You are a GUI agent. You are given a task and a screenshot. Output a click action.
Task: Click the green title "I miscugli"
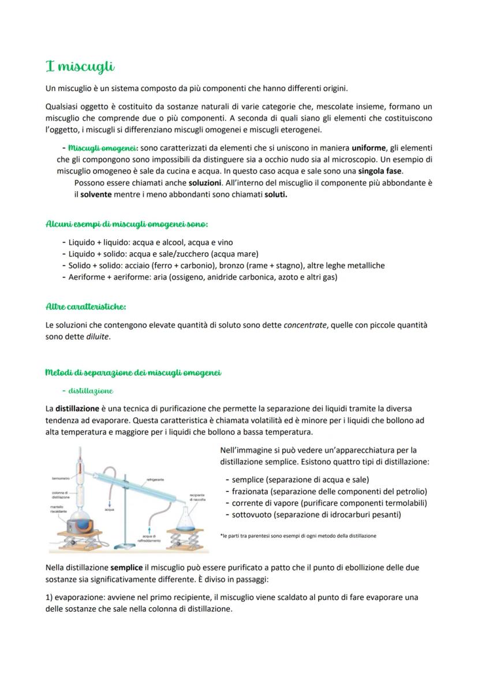point(80,67)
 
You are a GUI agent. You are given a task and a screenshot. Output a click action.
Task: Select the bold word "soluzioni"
point(205,182)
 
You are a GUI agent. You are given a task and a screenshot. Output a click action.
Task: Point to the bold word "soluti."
point(276,194)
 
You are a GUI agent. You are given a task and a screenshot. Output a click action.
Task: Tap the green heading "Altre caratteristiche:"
point(85,306)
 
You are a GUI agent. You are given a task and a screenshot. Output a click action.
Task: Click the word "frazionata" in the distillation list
point(251,491)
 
